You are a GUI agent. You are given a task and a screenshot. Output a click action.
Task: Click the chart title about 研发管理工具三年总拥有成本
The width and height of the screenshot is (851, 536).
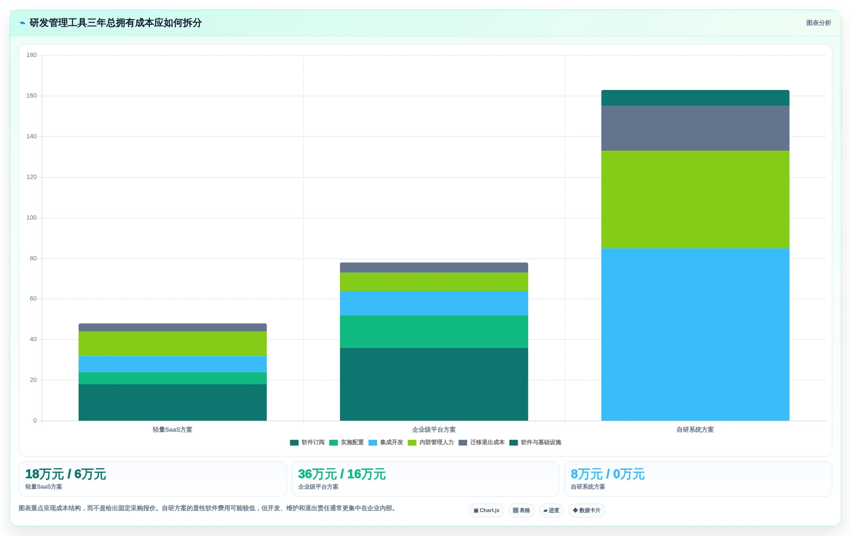(115, 23)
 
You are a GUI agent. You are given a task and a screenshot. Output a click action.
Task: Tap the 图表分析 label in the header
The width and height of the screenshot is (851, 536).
(818, 23)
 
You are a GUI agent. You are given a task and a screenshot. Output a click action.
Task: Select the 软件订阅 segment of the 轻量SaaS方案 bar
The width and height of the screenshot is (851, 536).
(172, 402)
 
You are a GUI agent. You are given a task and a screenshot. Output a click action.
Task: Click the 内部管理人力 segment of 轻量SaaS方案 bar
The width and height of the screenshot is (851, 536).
(172, 344)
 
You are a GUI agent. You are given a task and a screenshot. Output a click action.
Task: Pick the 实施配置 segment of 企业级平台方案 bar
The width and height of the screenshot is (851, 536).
(434, 332)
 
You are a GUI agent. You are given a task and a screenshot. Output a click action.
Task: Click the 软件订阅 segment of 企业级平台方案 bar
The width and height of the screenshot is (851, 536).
(434, 384)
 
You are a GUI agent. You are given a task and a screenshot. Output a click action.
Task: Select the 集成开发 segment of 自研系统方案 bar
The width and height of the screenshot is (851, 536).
(695, 335)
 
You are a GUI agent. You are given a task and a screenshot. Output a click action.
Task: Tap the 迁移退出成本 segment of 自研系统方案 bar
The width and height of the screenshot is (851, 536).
(695, 128)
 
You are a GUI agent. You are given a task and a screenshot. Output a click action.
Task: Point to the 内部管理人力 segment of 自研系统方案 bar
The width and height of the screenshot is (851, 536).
(695, 200)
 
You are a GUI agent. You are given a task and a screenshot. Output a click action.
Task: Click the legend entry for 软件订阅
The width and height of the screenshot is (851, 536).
(307, 443)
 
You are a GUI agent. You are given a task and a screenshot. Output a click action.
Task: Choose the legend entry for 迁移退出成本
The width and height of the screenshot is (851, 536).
(481, 443)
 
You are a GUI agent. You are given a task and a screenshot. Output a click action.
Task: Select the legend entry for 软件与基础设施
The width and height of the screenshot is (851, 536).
(535, 443)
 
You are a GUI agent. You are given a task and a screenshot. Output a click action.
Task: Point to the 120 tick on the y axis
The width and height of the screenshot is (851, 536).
(32, 177)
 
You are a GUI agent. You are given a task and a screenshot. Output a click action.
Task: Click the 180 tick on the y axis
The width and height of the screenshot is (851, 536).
(32, 55)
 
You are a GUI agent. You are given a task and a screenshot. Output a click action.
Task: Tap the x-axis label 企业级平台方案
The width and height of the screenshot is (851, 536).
(434, 430)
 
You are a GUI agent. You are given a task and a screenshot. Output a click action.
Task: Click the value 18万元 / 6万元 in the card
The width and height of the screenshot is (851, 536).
(65, 474)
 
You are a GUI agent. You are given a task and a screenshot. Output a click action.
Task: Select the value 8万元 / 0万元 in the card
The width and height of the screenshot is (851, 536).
(608, 474)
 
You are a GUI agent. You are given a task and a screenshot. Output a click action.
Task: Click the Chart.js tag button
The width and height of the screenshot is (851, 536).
(487, 511)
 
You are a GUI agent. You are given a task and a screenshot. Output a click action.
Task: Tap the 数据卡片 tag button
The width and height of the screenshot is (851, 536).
(587, 511)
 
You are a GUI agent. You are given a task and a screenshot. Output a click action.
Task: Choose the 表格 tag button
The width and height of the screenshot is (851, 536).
(522, 511)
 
